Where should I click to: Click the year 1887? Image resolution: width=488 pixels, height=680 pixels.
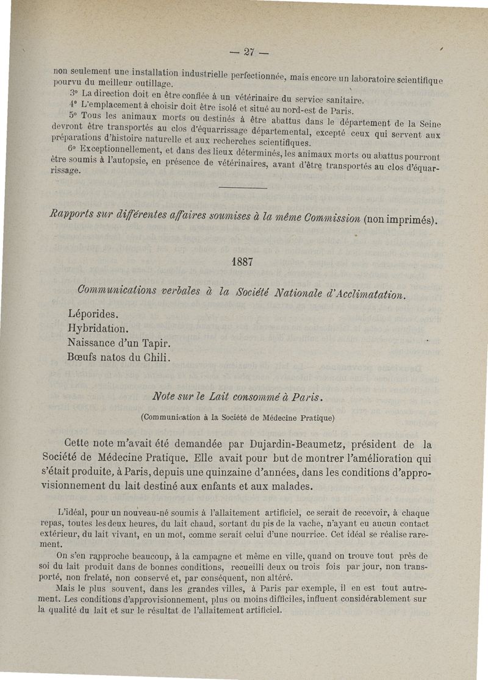click(243, 261)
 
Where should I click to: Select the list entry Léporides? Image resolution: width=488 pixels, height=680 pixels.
click(93, 315)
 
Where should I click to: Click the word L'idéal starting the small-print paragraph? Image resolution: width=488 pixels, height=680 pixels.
click(69, 513)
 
